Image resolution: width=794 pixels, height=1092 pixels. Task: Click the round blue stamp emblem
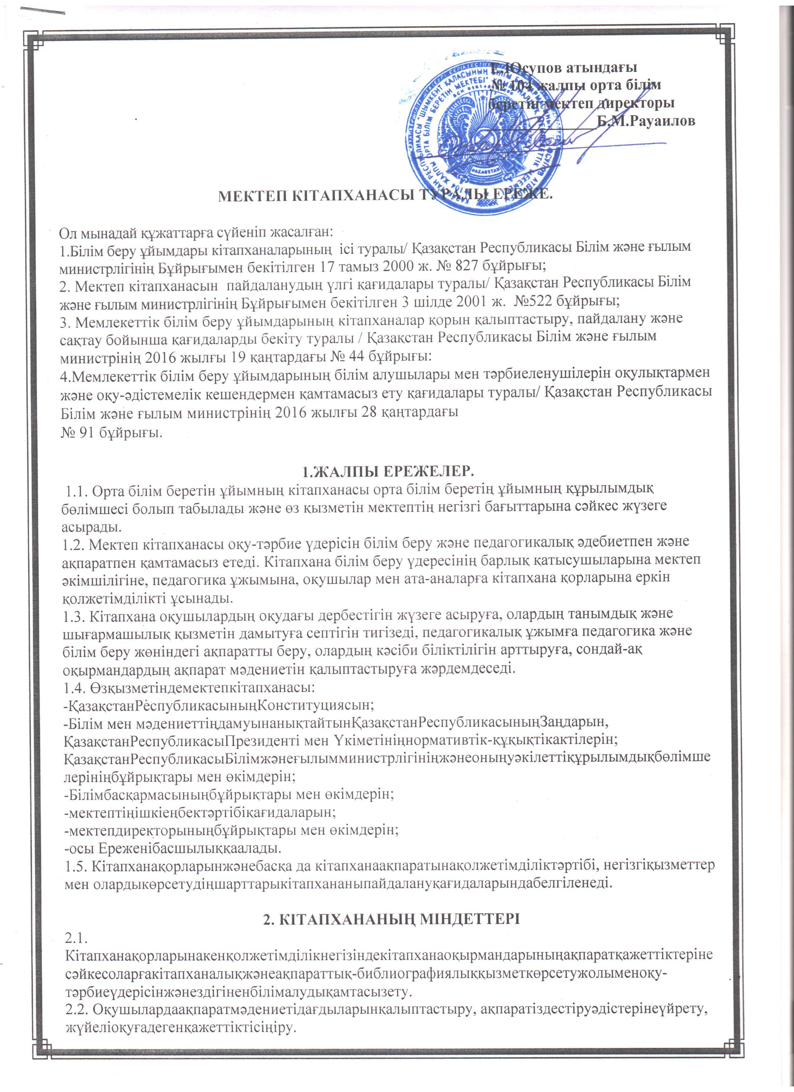481,137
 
